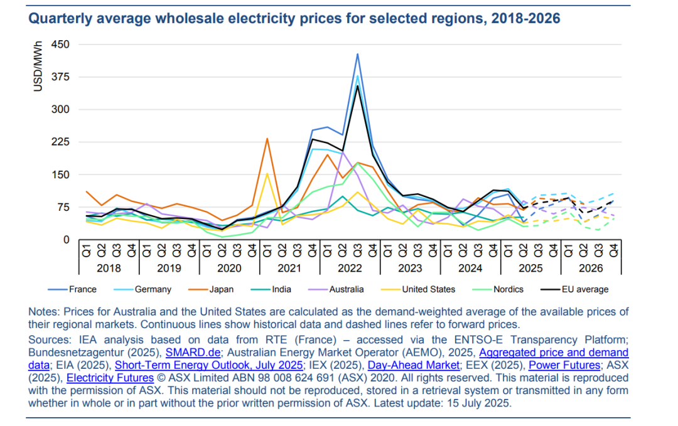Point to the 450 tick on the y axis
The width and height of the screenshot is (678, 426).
point(60,45)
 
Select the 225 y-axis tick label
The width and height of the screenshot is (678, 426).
point(60,142)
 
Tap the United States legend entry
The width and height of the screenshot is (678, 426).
point(428,289)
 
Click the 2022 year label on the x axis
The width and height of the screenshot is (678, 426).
point(350,268)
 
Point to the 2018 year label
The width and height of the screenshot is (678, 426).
point(109,268)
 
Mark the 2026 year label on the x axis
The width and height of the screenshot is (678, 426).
point(591,268)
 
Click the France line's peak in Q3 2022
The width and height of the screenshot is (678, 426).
point(357,55)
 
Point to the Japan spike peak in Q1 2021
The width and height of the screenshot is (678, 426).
point(267,139)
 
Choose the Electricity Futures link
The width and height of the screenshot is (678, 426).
point(110,378)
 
